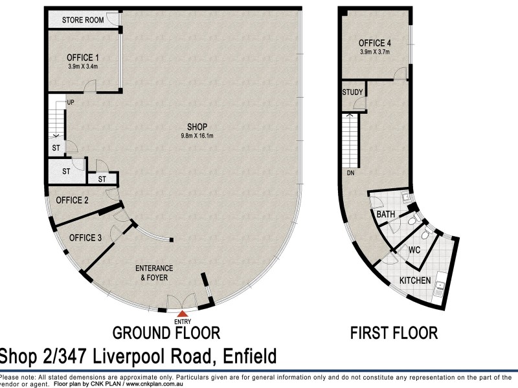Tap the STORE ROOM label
pos(83,20)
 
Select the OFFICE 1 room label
pos(82,58)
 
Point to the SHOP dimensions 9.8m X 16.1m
pos(197,135)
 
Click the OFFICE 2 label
pos(72,200)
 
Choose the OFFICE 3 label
pos(85,237)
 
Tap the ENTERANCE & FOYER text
pos(153,273)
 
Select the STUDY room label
pos(353,92)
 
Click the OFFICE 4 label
pos(376,44)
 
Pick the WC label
pos(415,249)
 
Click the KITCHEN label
pos(416,281)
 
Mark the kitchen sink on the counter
pos(440,285)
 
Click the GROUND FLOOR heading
pos(166,333)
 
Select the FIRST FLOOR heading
pos(394,333)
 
